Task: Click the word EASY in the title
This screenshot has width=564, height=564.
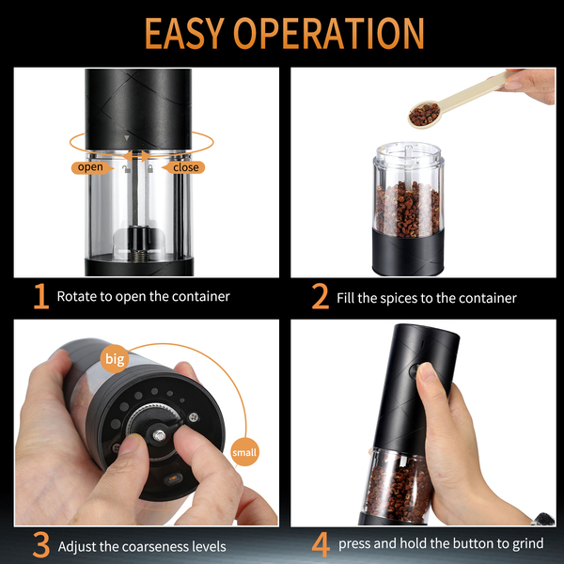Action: (x=184, y=33)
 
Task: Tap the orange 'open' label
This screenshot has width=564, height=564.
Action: (x=91, y=167)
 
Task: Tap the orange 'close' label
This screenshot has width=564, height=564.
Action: (x=184, y=167)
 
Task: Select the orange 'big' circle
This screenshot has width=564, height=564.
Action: (x=115, y=359)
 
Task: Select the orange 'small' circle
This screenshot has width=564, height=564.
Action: (x=244, y=452)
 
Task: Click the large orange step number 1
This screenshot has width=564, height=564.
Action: (x=41, y=296)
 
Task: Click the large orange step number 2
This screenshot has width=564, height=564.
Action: (x=321, y=296)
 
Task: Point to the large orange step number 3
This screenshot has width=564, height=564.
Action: (x=41, y=544)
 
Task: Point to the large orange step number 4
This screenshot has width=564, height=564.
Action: (x=321, y=544)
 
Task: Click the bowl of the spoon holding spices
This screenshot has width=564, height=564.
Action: (x=425, y=114)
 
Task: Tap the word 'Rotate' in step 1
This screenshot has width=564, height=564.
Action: (x=76, y=296)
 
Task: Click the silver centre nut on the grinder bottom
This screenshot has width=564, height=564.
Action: (x=159, y=435)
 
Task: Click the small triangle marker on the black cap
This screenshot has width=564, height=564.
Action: (x=126, y=137)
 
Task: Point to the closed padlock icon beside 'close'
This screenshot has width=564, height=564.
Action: (x=150, y=168)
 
